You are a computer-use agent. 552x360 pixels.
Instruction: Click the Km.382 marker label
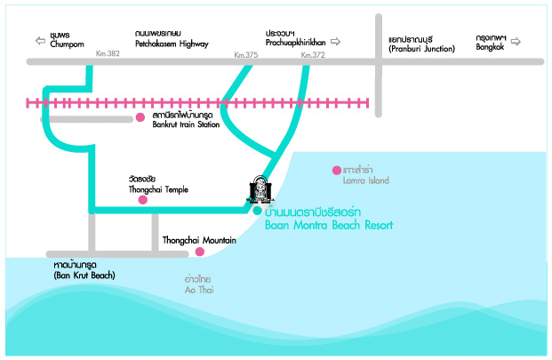click(x=107, y=54)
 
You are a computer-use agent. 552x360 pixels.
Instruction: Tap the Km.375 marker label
click(x=245, y=54)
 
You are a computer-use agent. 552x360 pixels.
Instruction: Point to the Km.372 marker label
click(x=312, y=54)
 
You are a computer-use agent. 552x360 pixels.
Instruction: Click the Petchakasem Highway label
click(x=172, y=43)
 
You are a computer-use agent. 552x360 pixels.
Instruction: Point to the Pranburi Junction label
click(x=421, y=48)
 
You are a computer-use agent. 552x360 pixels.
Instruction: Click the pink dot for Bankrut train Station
click(x=140, y=117)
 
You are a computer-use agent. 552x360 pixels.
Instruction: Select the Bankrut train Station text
click(x=186, y=124)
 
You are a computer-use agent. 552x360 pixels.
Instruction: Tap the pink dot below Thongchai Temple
click(x=142, y=201)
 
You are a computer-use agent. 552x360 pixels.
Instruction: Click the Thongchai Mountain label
click(x=199, y=241)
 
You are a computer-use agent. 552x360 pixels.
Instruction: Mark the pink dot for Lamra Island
click(x=336, y=170)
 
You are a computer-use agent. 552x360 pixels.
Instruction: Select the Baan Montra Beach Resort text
click(x=329, y=225)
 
